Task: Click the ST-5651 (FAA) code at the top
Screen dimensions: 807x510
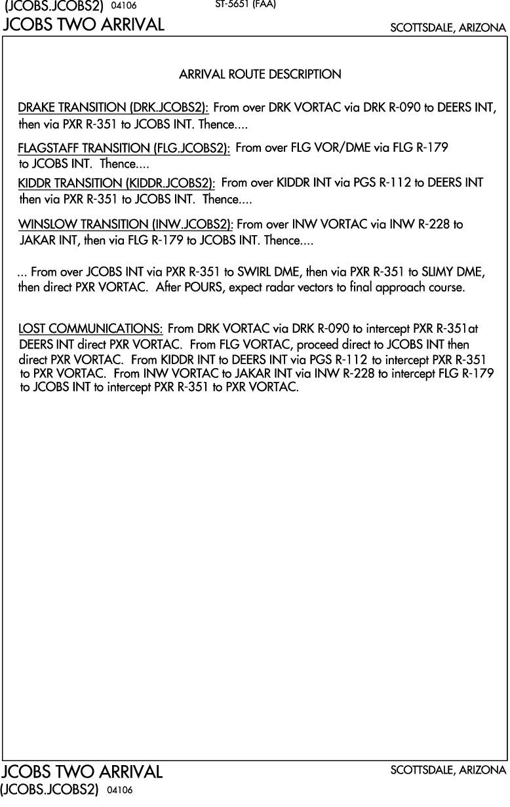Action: point(245,5)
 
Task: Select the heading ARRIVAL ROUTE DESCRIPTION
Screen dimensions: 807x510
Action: point(260,75)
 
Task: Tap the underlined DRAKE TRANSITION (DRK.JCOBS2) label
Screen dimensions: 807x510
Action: point(113,107)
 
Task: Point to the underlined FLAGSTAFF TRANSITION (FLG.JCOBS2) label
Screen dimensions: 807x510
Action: point(124,149)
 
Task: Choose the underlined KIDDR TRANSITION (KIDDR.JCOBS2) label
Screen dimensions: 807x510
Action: point(117,183)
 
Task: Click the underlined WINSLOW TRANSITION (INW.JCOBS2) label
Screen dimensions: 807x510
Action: point(126,225)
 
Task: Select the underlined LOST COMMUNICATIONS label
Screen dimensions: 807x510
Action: point(90,328)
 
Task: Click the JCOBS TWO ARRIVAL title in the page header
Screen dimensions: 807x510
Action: point(84,26)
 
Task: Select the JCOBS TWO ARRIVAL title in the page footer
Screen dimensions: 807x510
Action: point(83,772)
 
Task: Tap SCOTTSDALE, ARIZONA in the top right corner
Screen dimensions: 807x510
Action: point(448,28)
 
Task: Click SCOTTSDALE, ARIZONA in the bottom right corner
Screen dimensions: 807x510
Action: point(448,770)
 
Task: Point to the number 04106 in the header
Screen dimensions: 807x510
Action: point(125,6)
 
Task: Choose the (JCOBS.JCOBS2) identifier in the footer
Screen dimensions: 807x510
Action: point(49,790)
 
